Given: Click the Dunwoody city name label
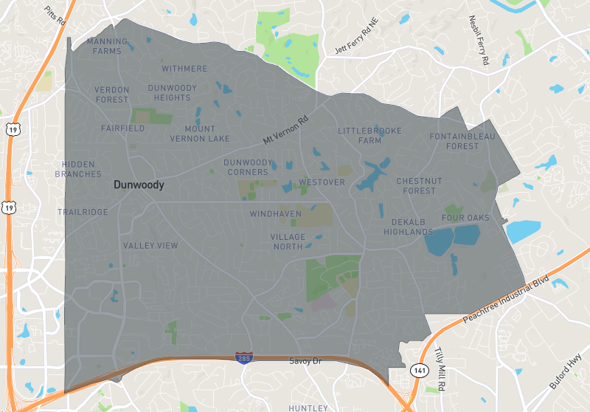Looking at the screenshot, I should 139,185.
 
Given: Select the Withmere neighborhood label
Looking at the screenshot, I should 184,69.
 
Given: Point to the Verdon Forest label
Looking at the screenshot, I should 112,95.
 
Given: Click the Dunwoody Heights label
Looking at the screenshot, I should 173,92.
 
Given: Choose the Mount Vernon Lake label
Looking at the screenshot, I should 200,134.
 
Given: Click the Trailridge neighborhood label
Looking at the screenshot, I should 83,212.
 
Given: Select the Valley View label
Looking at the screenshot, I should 150,245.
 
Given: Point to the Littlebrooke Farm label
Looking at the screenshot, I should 370,135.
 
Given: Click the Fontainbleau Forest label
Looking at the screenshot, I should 463,141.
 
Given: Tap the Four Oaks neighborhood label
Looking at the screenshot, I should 465,218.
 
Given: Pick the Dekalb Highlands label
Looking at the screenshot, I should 408,227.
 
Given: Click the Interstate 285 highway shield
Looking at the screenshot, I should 243,357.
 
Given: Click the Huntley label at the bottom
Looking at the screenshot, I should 308,408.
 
